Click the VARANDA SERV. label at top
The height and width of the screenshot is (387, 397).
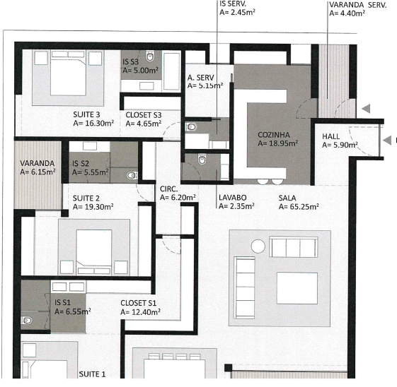coord(357,4)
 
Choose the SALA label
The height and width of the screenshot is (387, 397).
coord(287,198)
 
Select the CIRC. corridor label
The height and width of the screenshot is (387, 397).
coord(169,189)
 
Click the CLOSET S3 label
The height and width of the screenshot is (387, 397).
coord(144,114)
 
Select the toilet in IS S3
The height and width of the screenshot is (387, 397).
coord(150,56)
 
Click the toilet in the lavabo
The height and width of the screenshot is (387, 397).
coord(203,162)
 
